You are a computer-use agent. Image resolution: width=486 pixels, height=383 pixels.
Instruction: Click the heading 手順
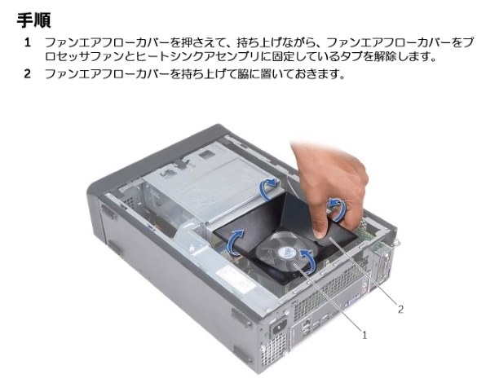pyautogui.click(x=33, y=20)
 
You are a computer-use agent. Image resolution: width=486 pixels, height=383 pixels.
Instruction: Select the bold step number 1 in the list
pyautogui.click(x=28, y=42)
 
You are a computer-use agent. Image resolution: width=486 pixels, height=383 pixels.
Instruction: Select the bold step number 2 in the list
pyautogui.click(x=28, y=74)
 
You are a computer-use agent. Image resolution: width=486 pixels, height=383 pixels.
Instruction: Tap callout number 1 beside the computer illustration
pyautogui.click(x=364, y=335)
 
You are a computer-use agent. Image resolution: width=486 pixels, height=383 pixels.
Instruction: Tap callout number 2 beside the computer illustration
pyautogui.click(x=400, y=309)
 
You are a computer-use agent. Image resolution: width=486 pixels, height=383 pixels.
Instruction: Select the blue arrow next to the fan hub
pyautogui.click(x=307, y=261)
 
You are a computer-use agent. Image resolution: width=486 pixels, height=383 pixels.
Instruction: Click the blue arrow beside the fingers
pyautogui.click(x=338, y=209)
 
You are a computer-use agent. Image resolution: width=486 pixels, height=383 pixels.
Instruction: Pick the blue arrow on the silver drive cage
pyautogui.click(x=267, y=187)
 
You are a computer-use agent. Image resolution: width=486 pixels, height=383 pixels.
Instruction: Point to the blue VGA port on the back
pyautogui.click(x=351, y=301)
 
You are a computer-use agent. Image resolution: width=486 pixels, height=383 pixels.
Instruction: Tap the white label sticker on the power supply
pyautogui.click(x=235, y=281)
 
